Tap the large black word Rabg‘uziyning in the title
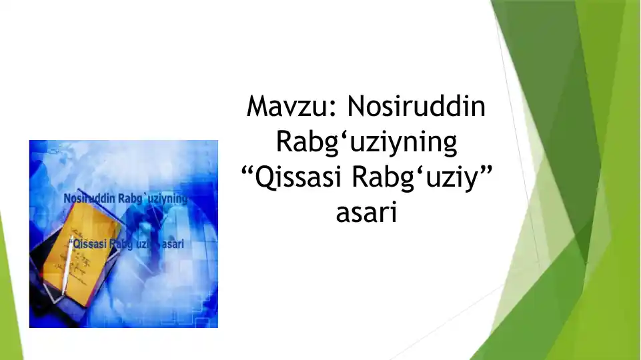(x=366, y=143)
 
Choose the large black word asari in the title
(x=366, y=214)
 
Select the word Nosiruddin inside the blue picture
(x=89, y=199)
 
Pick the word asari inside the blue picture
(x=171, y=244)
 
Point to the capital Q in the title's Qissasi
(x=265, y=179)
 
